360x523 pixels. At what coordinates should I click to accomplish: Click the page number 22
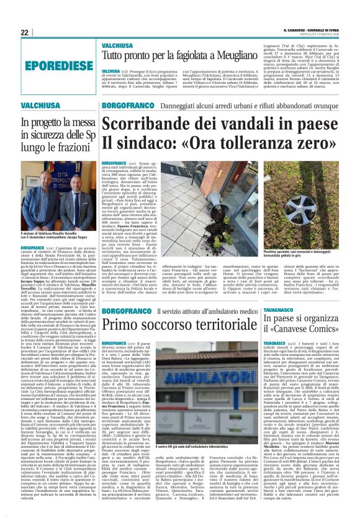click(24, 32)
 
